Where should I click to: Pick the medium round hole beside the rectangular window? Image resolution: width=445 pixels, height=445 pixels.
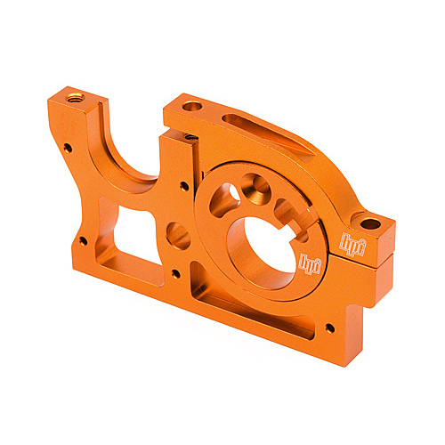pos(178,236)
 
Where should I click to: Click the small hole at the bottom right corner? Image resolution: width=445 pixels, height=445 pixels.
pos(330,328)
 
